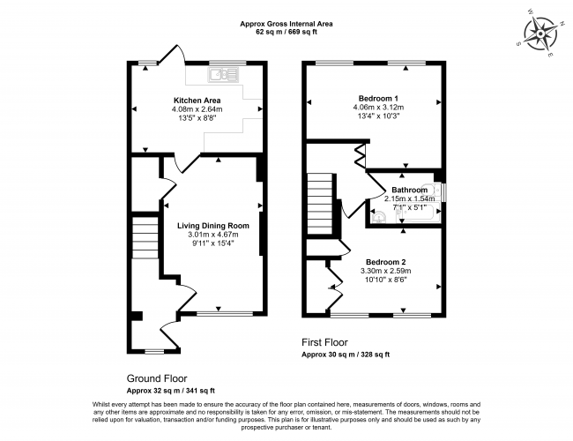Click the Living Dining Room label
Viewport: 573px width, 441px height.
(213, 225)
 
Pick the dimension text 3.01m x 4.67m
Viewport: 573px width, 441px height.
(213, 235)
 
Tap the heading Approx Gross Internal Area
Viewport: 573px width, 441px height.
(286, 22)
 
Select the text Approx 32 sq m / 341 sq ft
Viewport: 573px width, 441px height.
(171, 389)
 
